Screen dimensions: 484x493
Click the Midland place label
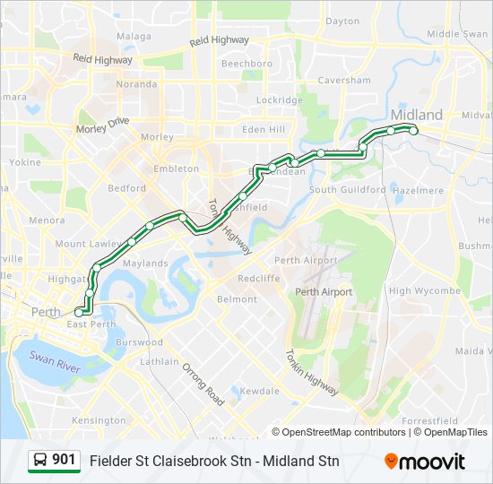(x=417, y=115)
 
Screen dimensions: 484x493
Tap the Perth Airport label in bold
(x=324, y=292)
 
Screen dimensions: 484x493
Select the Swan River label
(x=55, y=361)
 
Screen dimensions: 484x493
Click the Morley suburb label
(x=157, y=137)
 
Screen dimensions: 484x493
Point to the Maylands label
(x=145, y=264)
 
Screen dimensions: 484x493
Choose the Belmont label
(x=237, y=298)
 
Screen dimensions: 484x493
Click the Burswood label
(x=139, y=342)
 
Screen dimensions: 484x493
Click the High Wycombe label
(x=425, y=290)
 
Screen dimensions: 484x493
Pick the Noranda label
(x=136, y=84)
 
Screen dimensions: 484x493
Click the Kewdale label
(x=260, y=391)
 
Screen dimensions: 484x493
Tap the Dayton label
(x=342, y=21)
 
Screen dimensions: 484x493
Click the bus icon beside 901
(x=40, y=461)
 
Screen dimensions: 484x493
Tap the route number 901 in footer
(x=64, y=460)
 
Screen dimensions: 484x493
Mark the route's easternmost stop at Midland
(x=413, y=131)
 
